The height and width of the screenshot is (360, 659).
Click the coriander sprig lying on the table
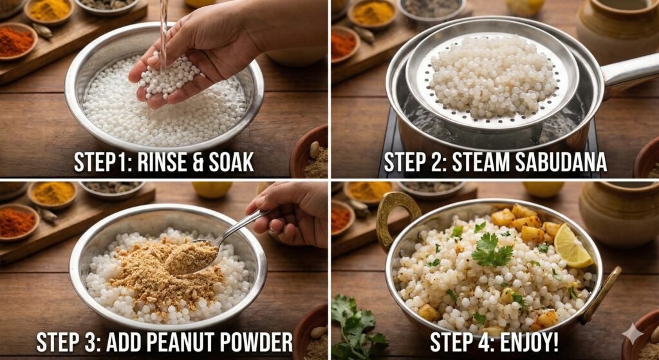pos(357,328)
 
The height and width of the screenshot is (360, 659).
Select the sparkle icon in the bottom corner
pos(633,334)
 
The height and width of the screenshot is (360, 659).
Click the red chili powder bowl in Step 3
pos(16,222)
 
